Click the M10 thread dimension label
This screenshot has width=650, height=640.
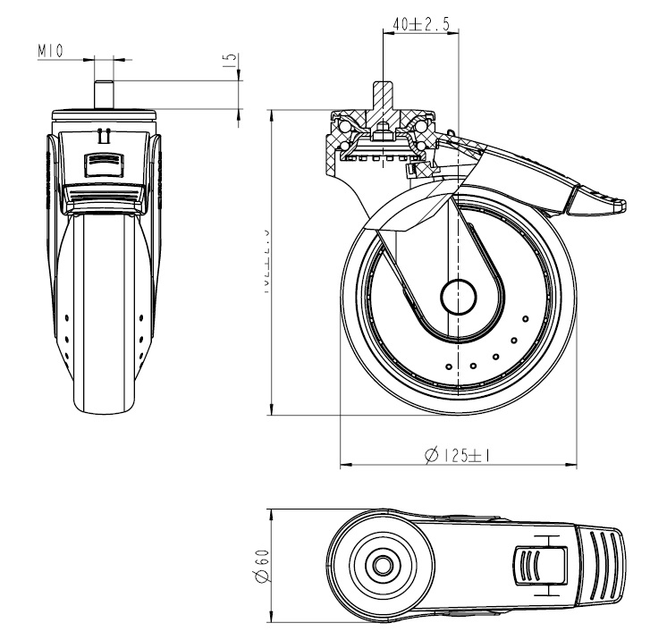coord(50,52)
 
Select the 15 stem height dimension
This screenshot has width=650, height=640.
coord(231,61)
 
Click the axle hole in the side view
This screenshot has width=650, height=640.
coord(460,296)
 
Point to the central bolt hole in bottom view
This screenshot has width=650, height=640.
coord(384,565)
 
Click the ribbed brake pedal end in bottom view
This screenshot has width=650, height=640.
coord(604,565)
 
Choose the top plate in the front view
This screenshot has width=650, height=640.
coord(105,114)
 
